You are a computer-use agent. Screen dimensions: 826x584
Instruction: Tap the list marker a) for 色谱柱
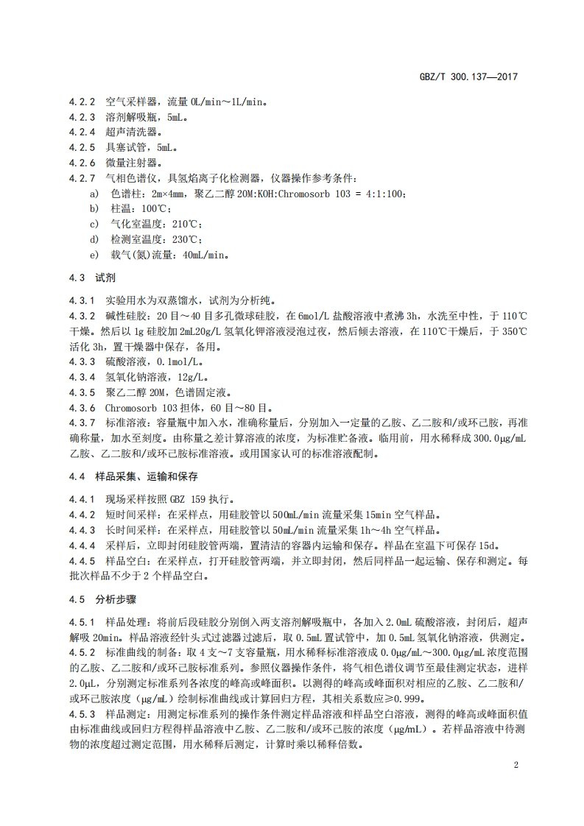94,193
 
